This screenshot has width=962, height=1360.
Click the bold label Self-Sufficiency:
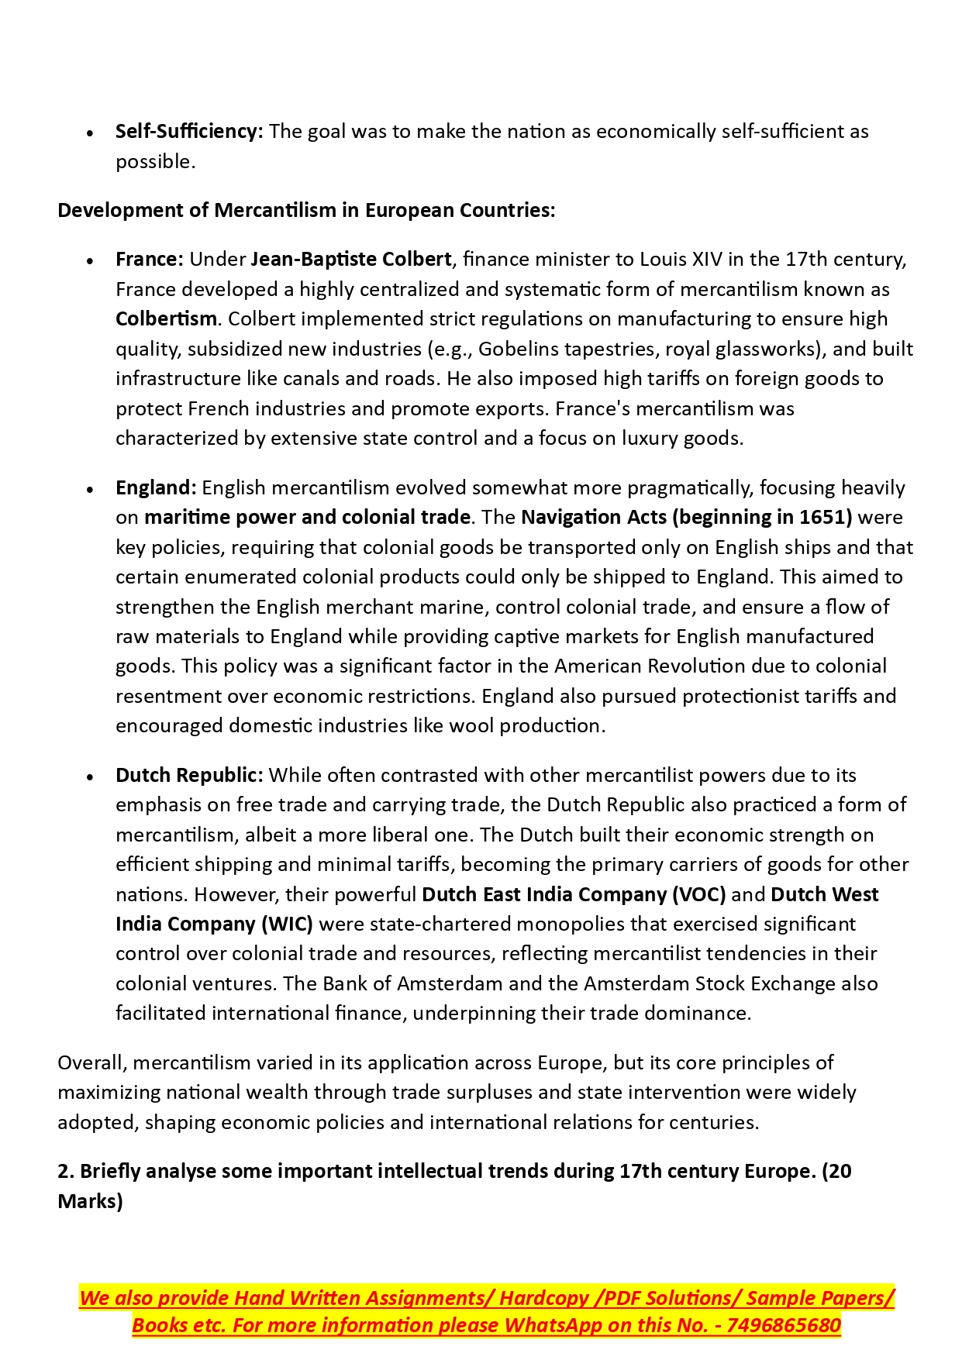[x=189, y=132]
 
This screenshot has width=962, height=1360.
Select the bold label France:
[x=149, y=259]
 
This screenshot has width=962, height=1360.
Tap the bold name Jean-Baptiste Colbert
[x=350, y=259]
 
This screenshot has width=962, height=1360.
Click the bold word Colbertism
[x=166, y=318]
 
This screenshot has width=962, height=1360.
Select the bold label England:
[x=156, y=487]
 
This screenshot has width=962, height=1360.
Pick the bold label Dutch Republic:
[x=189, y=775]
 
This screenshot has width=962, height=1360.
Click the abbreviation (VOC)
[x=699, y=894]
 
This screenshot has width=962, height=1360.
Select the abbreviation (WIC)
[x=287, y=924]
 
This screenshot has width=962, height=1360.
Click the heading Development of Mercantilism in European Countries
[x=306, y=210]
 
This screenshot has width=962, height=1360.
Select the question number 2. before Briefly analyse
[x=65, y=1171]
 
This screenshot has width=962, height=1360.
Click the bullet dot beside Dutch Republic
[x=91, y=776]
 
